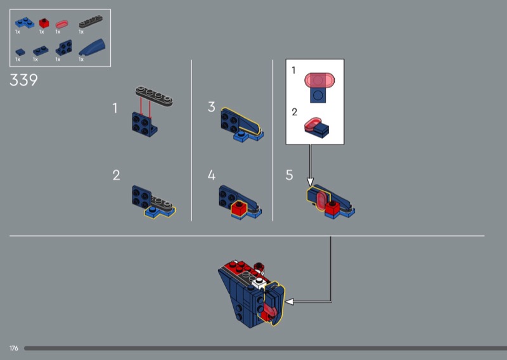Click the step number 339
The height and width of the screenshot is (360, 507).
click(23, 80)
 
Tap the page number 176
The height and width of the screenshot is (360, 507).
click(14, 348)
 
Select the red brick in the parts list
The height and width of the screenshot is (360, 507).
click(44, 23)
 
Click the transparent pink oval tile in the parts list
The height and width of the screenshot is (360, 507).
click(61, 24)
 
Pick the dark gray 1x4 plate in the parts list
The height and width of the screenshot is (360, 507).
click(91, 22)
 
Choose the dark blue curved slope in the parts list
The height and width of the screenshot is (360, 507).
click(92, 47)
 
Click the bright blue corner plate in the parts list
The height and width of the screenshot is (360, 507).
click(25, 23)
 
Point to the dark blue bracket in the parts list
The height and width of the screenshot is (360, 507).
click(64, 48)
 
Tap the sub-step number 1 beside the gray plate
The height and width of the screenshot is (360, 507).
click(115, 108)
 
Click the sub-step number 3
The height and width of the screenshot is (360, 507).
click(212, 106)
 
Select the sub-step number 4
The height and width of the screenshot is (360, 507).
click(212, 175)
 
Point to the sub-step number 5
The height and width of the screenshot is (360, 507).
click(290, 175)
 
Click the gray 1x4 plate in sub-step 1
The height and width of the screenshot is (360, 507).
click(154, 96)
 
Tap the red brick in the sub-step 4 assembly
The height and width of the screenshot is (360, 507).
click(240, 208)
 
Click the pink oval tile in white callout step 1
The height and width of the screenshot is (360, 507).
click(319, 80)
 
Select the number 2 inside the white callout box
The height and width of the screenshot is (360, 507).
click(294, 112)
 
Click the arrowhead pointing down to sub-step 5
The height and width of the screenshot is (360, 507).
click(310, 182)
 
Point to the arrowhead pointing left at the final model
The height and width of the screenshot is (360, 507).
click(290, 302)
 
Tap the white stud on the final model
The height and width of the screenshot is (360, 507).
click(259, 283)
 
